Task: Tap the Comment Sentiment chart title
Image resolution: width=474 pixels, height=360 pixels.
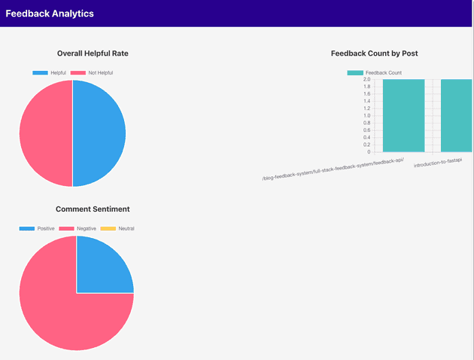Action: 93,209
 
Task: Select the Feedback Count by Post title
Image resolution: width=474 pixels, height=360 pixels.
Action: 374,53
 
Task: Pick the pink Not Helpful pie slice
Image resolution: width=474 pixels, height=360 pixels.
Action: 45,133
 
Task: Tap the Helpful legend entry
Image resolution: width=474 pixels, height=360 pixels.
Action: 50,73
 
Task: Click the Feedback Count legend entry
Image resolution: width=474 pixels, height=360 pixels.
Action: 374,73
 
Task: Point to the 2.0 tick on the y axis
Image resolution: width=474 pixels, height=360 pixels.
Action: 366,79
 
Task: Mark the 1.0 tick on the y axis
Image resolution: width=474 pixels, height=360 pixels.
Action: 366,115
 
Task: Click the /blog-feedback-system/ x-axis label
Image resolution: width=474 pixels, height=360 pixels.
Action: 333,170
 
